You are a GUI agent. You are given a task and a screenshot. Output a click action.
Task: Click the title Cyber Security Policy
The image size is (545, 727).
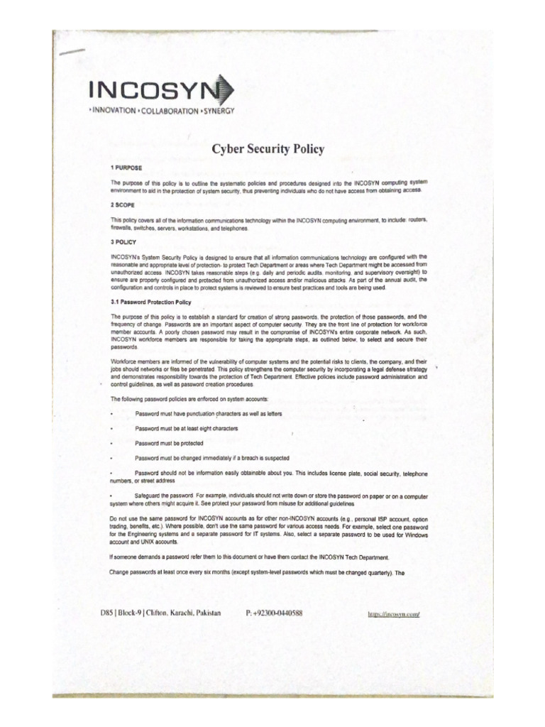pyautogui.click(x=268, y=149)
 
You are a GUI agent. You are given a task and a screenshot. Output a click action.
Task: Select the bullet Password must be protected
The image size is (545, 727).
pyautogui.click(x=167, y=442)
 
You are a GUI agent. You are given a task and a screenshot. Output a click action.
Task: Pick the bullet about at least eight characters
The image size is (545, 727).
pyautogui.click(x=186, y=428)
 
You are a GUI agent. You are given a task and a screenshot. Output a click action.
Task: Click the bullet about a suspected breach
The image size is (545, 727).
pyautogui.click(x=212, y=457)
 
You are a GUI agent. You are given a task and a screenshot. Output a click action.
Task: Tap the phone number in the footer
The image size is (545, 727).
pyautogui.click(x=274, y=613)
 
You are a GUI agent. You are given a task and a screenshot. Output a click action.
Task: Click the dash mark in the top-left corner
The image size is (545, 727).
pyautogui.click(x=71, y=52)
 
